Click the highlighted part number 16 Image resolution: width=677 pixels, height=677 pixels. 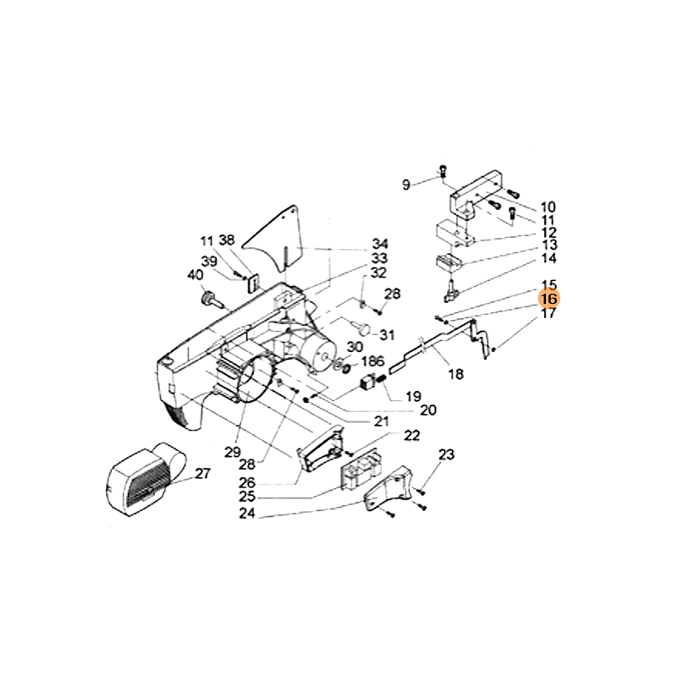coord(548,299)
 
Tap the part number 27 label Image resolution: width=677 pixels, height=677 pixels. coord(202,474)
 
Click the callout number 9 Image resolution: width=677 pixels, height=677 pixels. coord(406,184)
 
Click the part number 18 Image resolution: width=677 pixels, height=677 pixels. coord(454,373)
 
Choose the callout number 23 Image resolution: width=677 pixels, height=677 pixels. coord(447,455)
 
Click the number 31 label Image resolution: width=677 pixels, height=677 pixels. coord(387,333)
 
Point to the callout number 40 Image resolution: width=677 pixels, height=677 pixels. coord(195,275)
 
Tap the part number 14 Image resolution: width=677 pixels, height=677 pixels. coord(548,257)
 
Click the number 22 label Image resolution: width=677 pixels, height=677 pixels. coord(411,435)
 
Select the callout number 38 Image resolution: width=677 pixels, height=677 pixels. coord(226,239)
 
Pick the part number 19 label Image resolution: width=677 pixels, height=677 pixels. coord(413,395)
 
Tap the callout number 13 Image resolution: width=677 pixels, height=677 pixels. coord(548,245)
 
